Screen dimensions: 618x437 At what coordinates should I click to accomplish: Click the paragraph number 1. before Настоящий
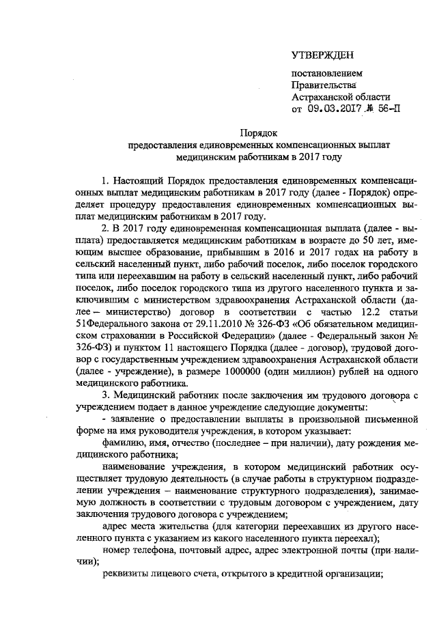pos(105,181)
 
